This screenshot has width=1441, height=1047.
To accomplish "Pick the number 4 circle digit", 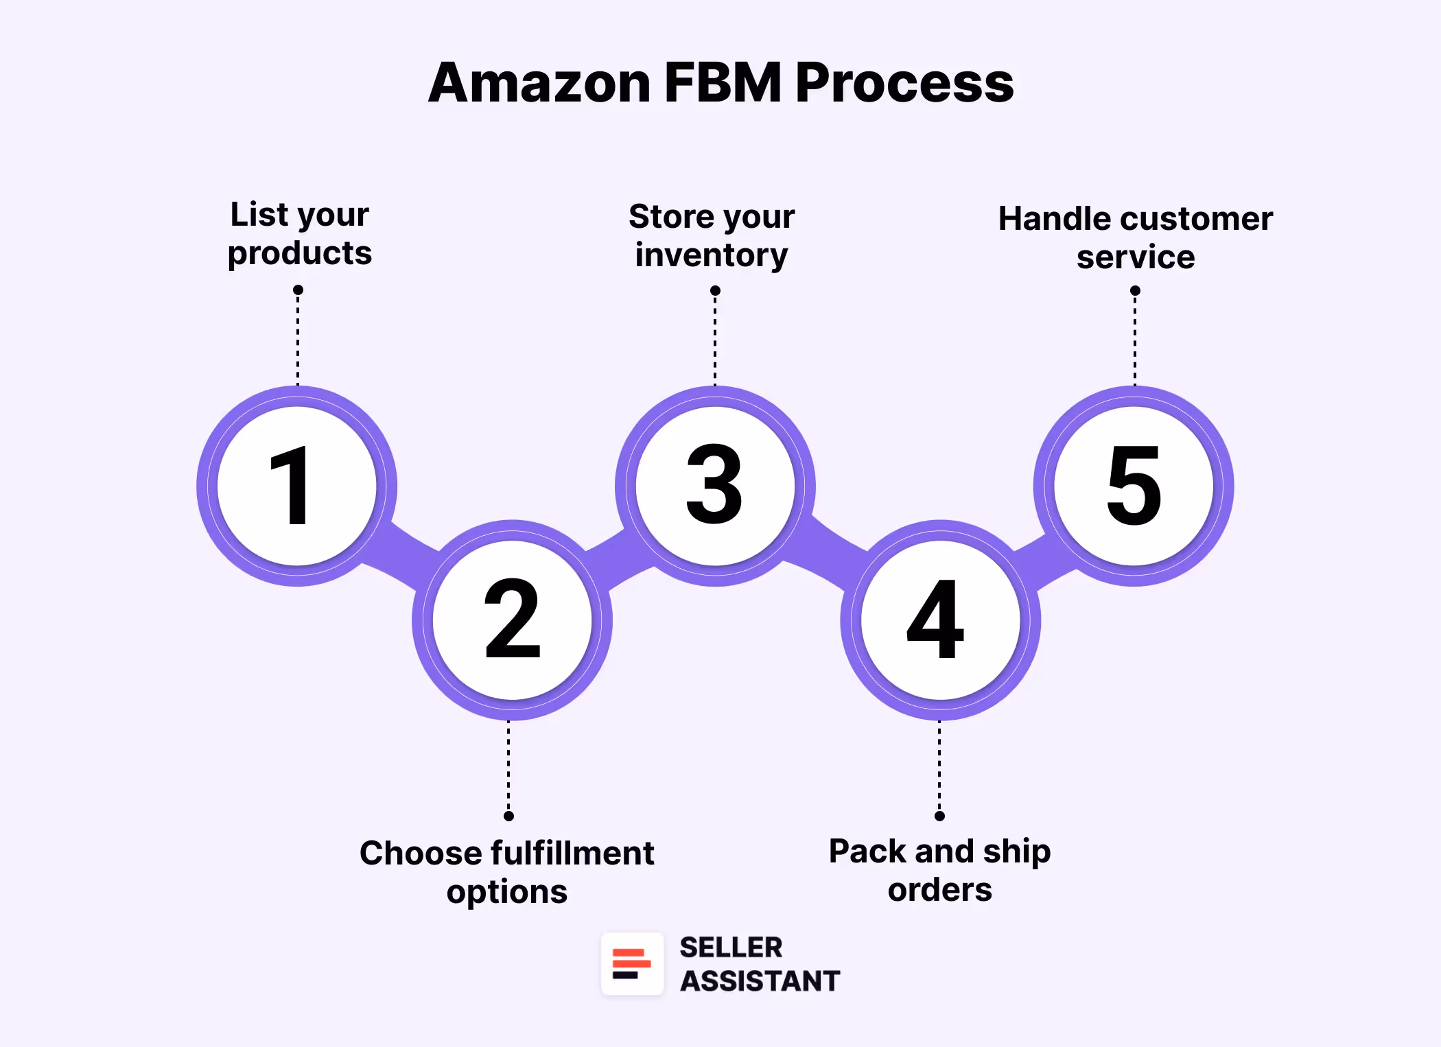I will click(936, 620).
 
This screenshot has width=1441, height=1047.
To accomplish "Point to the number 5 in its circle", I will click(1134, 485).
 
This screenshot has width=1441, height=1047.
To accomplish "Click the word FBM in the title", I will click(723, 83).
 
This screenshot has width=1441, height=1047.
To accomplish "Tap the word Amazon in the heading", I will click(539, 83).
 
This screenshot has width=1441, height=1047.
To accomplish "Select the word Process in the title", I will click(904, 83).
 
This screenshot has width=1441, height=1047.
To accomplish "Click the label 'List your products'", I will click(300, 234).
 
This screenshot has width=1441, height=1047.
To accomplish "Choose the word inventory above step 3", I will click(711, 255).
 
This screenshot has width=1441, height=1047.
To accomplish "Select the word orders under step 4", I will click(939, 890).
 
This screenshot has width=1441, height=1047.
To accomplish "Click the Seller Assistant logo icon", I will click(632, 963).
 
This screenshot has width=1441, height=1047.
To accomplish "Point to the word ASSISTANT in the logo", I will click(760, 981).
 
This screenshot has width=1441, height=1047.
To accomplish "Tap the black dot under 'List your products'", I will click(298, 290).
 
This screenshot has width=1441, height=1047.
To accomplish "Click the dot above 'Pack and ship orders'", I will click(939, 816).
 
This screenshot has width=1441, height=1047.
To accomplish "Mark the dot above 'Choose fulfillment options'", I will click(508, 816).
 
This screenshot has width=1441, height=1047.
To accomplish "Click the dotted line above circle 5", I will click(1135, 340).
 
